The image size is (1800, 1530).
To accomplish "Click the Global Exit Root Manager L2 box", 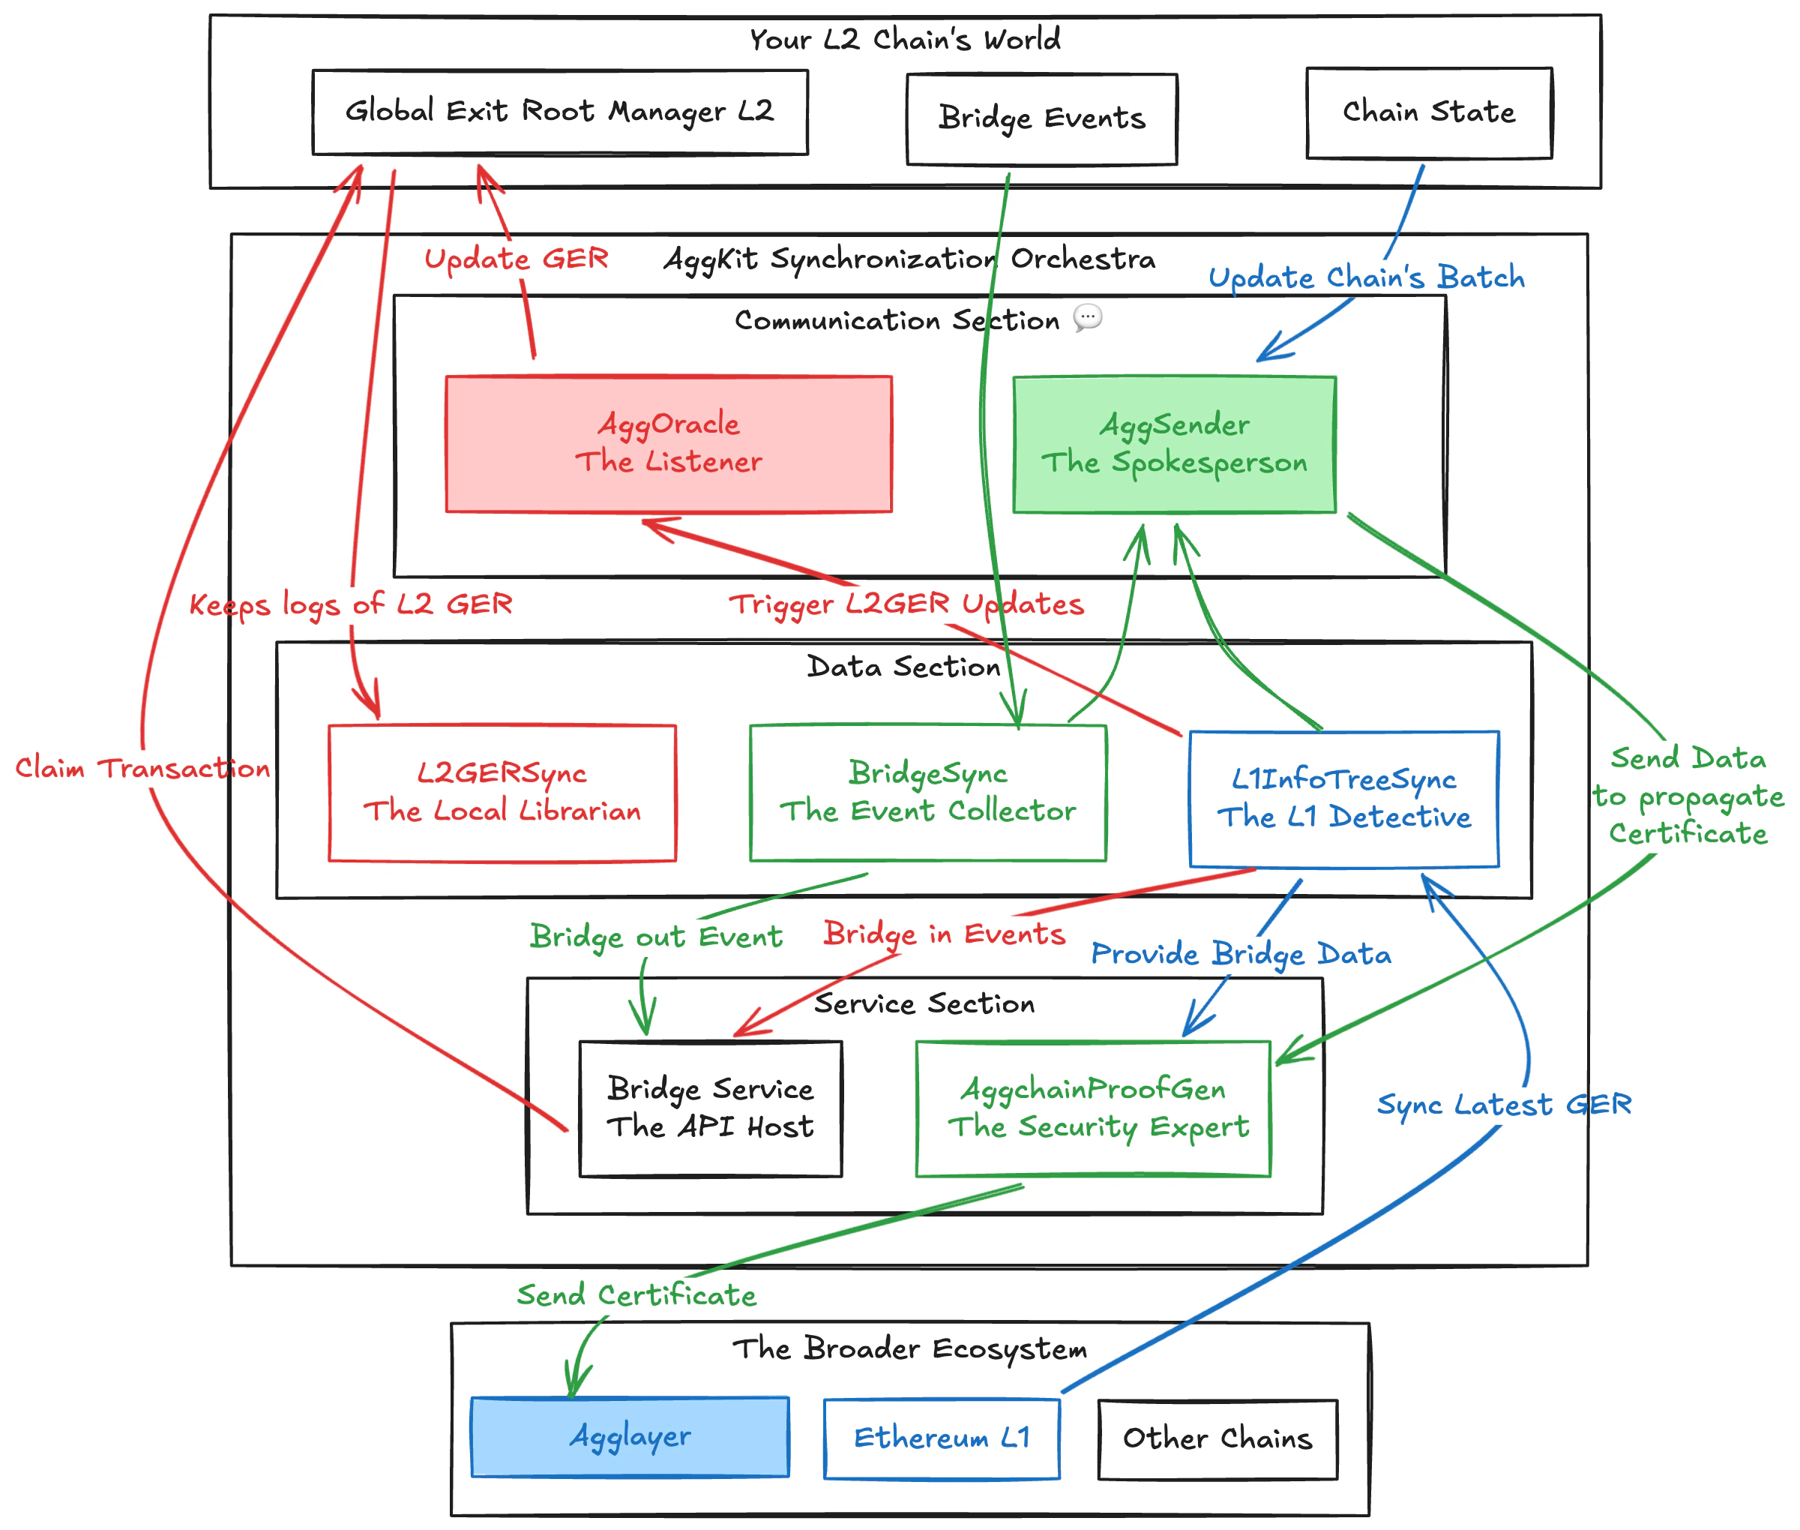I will click(559, 112).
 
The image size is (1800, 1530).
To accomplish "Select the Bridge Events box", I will click(1041, 118).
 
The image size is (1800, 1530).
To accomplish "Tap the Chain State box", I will click(1428, 112).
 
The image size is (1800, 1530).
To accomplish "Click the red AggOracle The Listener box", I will click(668, 443).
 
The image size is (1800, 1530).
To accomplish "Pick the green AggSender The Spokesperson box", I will click(1174, 444).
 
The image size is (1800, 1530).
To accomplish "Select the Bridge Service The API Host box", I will click(709, 1108).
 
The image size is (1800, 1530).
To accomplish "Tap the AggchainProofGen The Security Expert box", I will click(1092, 1108).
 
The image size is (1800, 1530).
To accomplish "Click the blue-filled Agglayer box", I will click(630, 1436).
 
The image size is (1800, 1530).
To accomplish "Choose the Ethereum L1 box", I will click(941, 1438).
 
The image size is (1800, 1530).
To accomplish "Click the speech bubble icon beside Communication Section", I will click(1087, 317).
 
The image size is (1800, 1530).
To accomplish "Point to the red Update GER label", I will click(516, 259).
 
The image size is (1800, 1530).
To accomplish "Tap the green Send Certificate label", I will click(636, 1295).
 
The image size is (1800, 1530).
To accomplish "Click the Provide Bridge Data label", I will click(1240, 953).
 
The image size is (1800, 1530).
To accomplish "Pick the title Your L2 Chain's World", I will click(904, 39).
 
